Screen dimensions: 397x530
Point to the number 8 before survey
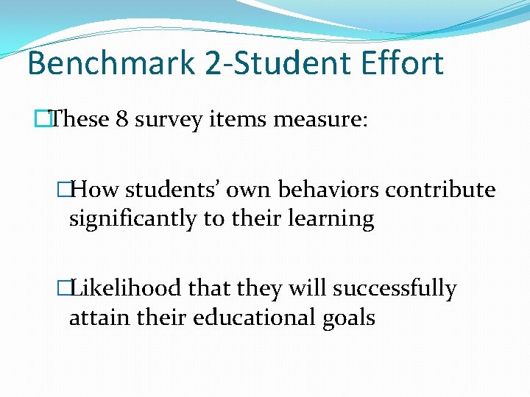point(121,119)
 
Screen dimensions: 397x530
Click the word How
point(96,190)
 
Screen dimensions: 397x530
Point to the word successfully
point(395,289)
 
